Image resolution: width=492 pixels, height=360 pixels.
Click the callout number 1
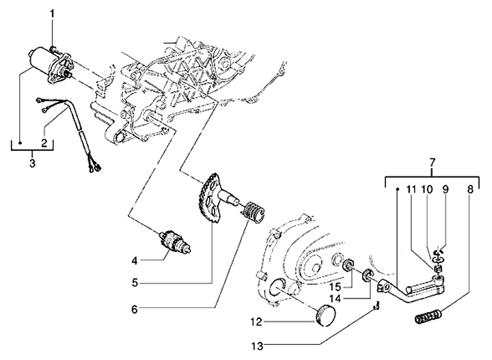53,14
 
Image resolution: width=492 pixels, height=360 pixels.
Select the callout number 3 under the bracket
33,163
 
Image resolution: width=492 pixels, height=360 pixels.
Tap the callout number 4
135,260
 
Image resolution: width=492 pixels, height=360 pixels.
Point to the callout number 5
135,283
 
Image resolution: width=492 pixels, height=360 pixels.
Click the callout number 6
135,309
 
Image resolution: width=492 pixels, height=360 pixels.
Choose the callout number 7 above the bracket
433,163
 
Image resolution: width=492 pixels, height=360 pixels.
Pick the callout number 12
256,322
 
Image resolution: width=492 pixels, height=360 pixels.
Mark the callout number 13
257,346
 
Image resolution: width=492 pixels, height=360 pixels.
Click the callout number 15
335,287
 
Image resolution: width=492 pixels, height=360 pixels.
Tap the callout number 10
426,189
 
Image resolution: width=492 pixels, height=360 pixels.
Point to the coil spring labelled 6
254,213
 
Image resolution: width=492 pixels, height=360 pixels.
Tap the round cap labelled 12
325,315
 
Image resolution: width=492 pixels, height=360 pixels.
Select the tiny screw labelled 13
377,305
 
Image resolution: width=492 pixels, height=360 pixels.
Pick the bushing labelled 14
367,275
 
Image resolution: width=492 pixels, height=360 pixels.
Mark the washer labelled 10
437,259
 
